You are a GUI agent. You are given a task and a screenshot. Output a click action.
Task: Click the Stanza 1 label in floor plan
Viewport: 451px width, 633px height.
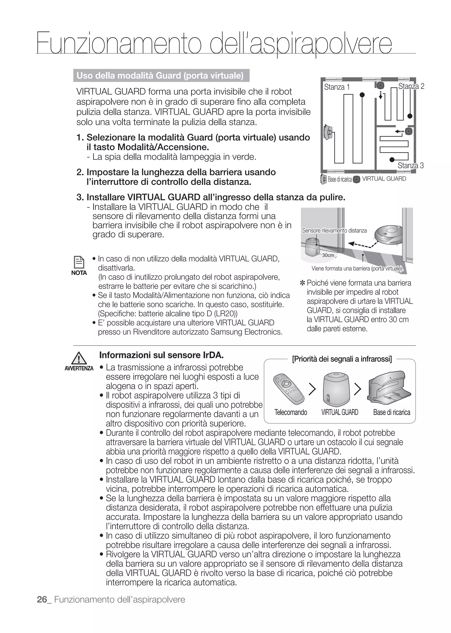(x=336, y=87)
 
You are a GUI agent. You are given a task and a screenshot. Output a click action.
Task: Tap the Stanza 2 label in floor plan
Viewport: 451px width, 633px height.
(x=411, y=86)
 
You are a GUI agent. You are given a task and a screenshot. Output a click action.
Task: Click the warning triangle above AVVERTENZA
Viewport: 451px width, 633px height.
(x=79, y=358)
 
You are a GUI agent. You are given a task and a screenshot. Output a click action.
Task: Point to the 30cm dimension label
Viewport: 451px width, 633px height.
(x=328, y=255)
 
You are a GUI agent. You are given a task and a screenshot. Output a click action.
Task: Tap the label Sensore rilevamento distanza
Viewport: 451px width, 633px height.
(x=334, y=230)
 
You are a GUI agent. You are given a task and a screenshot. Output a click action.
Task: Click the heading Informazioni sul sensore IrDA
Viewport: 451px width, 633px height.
(x=161, y=355)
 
